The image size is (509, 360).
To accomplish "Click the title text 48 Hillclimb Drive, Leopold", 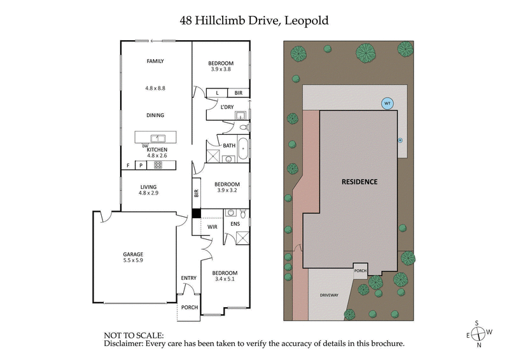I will pyautogui.click(x=254, y=20).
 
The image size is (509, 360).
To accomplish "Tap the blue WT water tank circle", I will pyautogui.click(x=386, y=103).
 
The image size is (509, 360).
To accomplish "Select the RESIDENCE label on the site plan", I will pyautogui.click(x=359, y=181).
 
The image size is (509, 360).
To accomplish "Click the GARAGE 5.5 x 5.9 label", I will pyautogui.click(x=133, y=256).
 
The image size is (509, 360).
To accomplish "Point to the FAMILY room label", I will pyautogui.click(x=156, y=62).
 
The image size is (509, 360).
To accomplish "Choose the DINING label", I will pyautogui.click(x=156, y=115).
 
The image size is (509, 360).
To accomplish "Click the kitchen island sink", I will pyautogui.click(x=156, y=137).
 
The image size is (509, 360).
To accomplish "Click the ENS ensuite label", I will pyautogui.click(x=235, y=225).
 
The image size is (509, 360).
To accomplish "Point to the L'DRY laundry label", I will pyautogui.click(x=227, y=107).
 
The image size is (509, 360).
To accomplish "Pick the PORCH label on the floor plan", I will pyautogui.click(x=190, y=308).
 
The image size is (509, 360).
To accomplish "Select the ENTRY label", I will pyautogui.click(x=189, y=277).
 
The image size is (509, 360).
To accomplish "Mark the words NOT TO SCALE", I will pyautogui.click(x=134, y=335).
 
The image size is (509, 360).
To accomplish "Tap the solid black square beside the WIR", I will pyautogui.click(x=196, y=214).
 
